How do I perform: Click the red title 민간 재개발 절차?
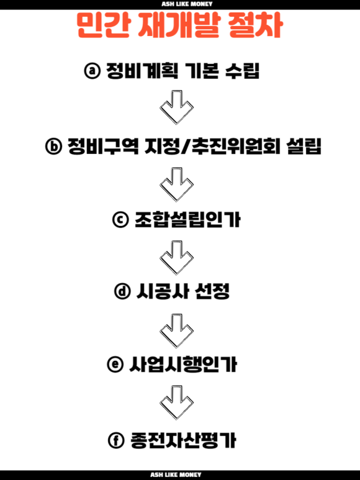pos(180,25)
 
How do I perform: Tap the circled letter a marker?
pos(92,71)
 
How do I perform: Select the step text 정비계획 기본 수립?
pos(182,71)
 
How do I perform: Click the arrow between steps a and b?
pos(176,107)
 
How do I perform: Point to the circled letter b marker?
pos(53,147)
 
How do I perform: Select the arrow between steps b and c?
pos(176,184)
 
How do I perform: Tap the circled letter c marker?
pos(120,219)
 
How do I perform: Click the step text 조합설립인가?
pos(187,219)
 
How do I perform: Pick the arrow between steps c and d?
pos(176,258)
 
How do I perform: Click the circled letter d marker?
pos(122,291)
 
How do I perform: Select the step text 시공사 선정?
pos(183,291)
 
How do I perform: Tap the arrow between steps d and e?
pos(176,331)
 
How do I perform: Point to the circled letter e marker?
pos(115,365)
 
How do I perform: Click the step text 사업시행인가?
pos(183,365)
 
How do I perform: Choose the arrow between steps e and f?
pos(176,403)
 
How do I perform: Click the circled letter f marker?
pos(116,440)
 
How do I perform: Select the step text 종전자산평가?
pos(183,440)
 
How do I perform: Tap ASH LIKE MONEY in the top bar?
pos(187,4)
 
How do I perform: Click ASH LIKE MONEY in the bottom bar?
pos(176,475)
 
